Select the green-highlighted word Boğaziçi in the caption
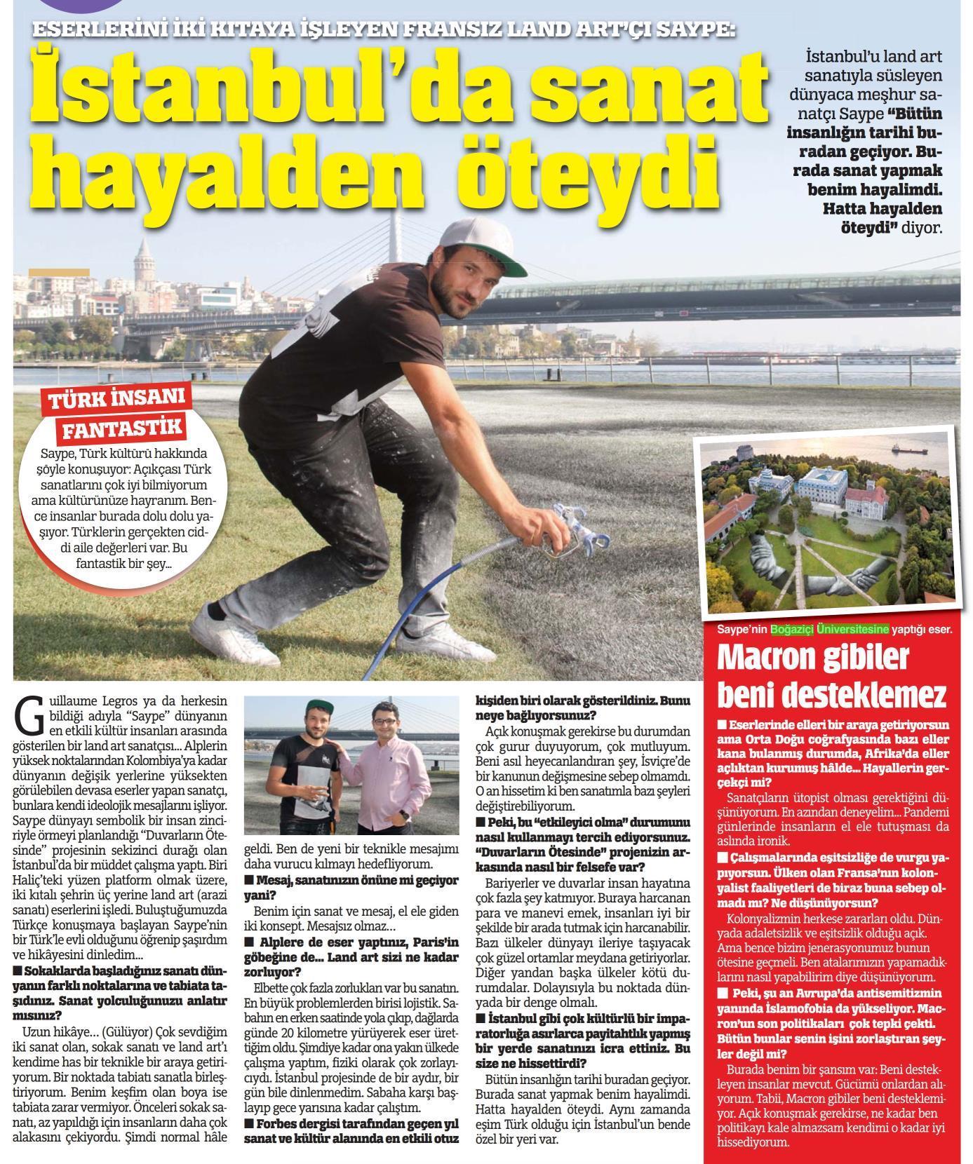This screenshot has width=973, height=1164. tap(791, 629)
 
